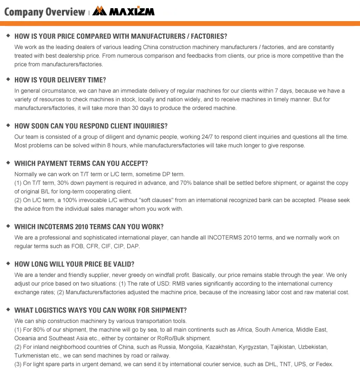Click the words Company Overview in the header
click(x=44, y=12)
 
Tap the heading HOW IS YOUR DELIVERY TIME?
click(x=60, y=80)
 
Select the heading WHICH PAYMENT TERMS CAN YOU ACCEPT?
click(x=81, y=164)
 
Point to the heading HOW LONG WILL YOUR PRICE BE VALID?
click(x=74, y=264)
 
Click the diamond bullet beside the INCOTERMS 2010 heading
click(x=8, y=226)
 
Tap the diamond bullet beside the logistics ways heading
click(x=8, y=310)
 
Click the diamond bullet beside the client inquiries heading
click(x=8, y=126)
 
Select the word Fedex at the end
click(x=324, y=364)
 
